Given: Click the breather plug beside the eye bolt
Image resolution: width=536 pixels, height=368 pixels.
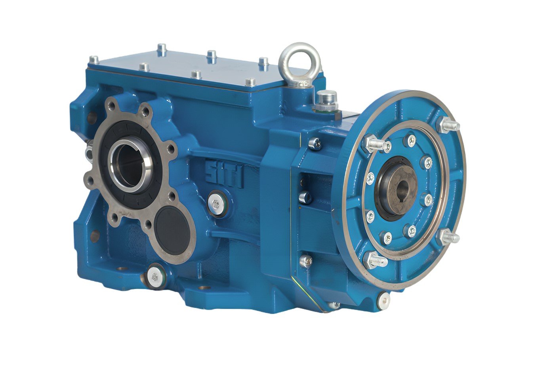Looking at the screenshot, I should tap(327, 100).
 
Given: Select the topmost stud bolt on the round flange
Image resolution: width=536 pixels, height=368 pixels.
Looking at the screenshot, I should tap(448, 125).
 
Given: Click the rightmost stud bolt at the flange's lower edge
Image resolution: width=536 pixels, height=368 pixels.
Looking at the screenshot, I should tap(449, 237).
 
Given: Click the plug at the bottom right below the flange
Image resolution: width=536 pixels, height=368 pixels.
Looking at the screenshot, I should tap(383, 300).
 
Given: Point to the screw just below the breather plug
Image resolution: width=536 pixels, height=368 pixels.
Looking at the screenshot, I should tap(315, 143).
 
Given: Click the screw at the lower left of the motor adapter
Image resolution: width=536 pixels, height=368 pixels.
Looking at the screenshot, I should tap(305, 261).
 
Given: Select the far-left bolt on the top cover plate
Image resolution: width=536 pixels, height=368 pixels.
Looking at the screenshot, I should tap(94, 61).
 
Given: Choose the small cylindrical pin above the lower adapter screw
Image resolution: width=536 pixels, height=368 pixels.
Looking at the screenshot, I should tap(305, 197).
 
